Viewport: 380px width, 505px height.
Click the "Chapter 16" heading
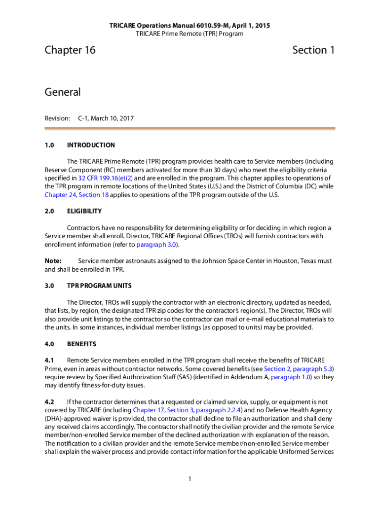pyautogui.click(x=70, y=50)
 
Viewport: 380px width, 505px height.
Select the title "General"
pyautogui.click(x=62, y=92)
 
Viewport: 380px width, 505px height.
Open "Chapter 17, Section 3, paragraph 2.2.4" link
pyautogui.click(x=187, y=410)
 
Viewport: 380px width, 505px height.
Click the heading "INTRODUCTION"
pyautogui.click(x=91, y=145)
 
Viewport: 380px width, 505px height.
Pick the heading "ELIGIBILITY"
pyautogui.click(x=84, y=211)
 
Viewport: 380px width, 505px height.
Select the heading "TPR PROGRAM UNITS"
pyautogui.click(x=99, y=286)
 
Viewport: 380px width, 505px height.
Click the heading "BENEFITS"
pyautogui.click(x=81, y=344)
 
